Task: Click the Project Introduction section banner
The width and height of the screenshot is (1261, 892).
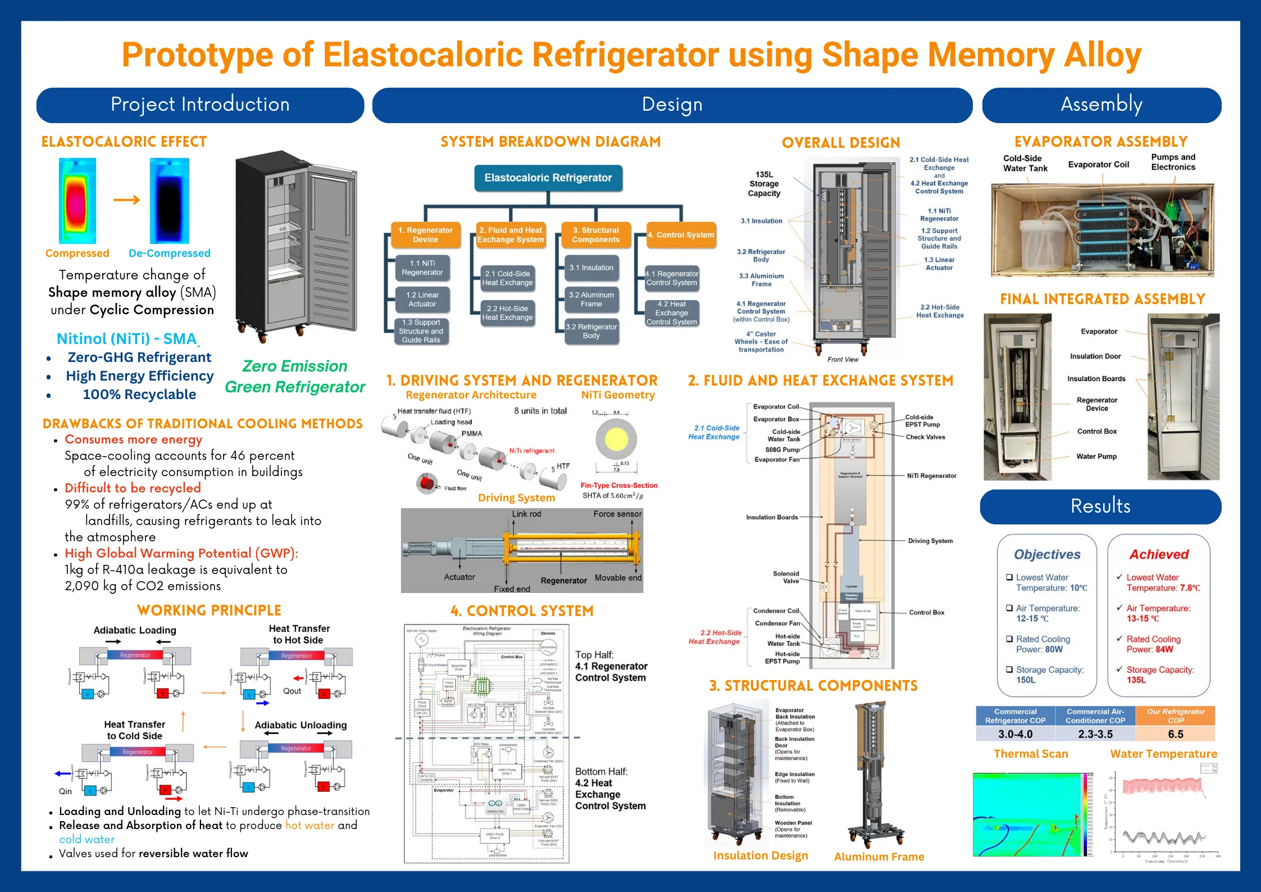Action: (200, 105)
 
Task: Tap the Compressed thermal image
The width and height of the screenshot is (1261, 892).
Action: (77, 201)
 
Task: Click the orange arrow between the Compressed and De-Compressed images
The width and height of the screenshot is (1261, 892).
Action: (126, 200)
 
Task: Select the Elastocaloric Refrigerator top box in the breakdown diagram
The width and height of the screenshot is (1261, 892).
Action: (548, 178)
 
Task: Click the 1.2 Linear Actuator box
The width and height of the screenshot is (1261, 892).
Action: (422, 300)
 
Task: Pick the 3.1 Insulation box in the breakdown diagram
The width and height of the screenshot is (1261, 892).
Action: (591, 268)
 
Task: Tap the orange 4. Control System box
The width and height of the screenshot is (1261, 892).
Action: (681, 235)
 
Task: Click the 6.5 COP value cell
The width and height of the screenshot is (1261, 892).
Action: (1175, 734)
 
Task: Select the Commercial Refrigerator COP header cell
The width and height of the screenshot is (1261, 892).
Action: (1015, 716)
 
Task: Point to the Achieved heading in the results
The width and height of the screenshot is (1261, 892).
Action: (1159, 555)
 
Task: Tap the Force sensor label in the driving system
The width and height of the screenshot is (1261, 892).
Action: (617, 514)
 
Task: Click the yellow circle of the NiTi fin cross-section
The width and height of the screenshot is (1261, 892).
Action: (616, 439)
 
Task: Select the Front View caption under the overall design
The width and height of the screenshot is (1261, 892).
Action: (843, 360)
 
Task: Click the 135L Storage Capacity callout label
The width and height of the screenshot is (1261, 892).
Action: (764, 184)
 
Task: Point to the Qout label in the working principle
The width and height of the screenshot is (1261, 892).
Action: (292, 691)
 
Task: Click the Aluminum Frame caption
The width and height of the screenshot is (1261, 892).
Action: (878, 857)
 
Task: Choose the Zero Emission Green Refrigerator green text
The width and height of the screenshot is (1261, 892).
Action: (295, 377)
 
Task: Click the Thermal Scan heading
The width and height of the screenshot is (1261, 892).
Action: (1031, 754)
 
